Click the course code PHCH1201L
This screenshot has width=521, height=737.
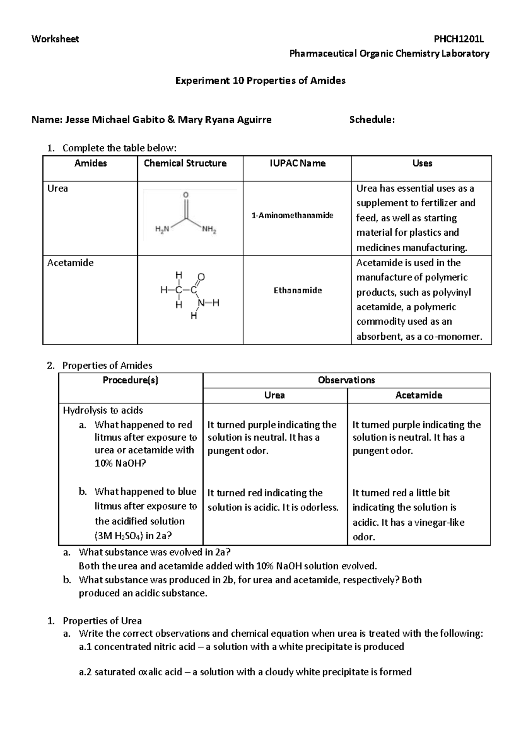pyautogui.click(x=459, y=39)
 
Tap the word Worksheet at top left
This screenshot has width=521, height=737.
pyautogui.click(x=55, y=39)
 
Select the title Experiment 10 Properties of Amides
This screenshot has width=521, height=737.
pyautogui.click(x=260, y=80)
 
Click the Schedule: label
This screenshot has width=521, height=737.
pyautogui.click(x=372, y=120)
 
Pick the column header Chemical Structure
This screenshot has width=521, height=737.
pyautogui.click(x=185, y=163)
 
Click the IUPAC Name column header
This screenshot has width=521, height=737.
pyautogui.click(x=297, y=163)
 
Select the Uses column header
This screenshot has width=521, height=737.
pyautogui.click(x=422, y=163)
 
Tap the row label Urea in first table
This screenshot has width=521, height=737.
pyautogui.click(x=57, y=188)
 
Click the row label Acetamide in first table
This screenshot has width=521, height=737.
pyautogui.click(x=70, y=263)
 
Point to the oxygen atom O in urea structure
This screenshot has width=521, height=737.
pyautogui.click(x=186, y=195)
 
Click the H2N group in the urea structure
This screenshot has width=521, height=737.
pyautogui.click(x=163, y=230)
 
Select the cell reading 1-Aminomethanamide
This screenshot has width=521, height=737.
pyautogui.click(x=293, y=215)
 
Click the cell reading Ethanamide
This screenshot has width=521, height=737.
pyautogui.click(x=297, y=290)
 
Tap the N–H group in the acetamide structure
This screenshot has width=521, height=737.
pyautogui.click(x=209, y=303)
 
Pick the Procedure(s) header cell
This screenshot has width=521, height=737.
pyautogui.click(x=130, y=380)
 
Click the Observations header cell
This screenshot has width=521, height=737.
pyautogui.click(x=346, y=380)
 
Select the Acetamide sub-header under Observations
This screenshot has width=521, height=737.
pyautogui.click(x=419, y=395)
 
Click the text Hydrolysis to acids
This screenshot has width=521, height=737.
pyautogui.click(x=103, y=410)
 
